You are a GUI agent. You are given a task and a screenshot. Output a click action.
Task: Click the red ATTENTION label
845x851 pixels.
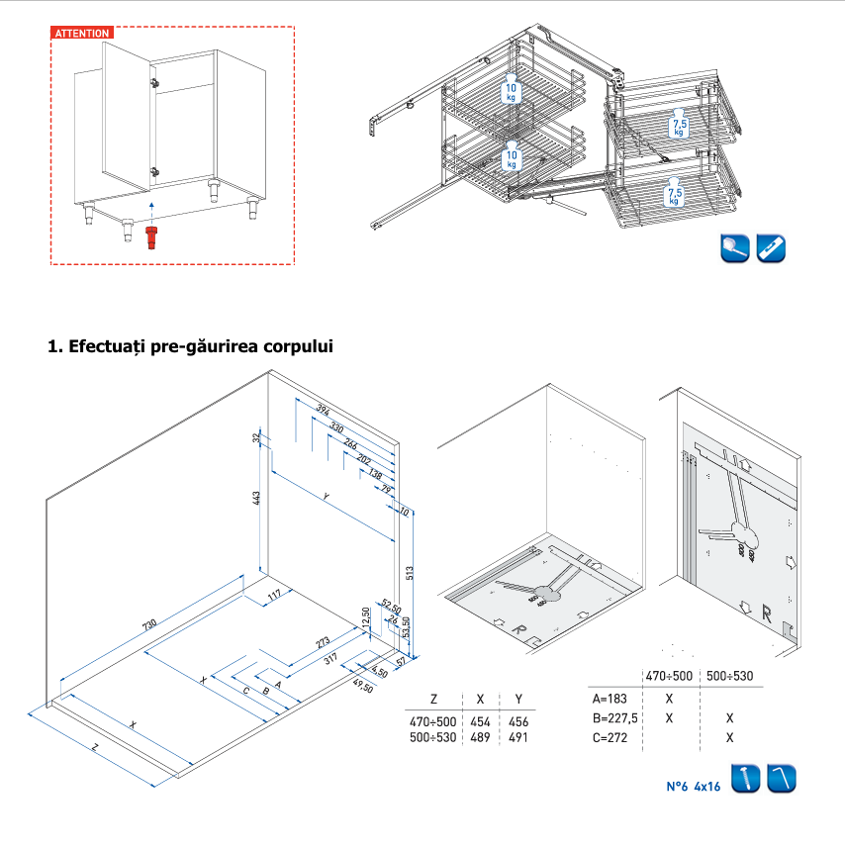coord(82,33)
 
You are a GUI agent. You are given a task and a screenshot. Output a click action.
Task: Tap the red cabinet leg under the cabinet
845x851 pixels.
coord(151,237)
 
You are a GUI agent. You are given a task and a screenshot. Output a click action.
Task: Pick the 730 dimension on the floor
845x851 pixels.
coord(149,625)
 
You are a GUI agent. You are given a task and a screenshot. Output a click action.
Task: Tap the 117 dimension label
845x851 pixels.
coord(275,594)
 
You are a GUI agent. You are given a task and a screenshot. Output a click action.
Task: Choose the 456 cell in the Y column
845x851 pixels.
coord(518,721)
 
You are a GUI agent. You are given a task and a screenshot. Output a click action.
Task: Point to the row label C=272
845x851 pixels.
coord(606,737)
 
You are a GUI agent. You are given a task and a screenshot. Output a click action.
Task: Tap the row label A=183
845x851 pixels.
coord(605,698)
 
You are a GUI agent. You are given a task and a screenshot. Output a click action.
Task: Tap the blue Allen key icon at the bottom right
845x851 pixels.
coord(782,779)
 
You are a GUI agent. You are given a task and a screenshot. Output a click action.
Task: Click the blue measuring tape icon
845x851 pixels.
coord(772,248)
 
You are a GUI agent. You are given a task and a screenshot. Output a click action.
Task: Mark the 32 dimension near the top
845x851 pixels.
coord(256,437)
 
